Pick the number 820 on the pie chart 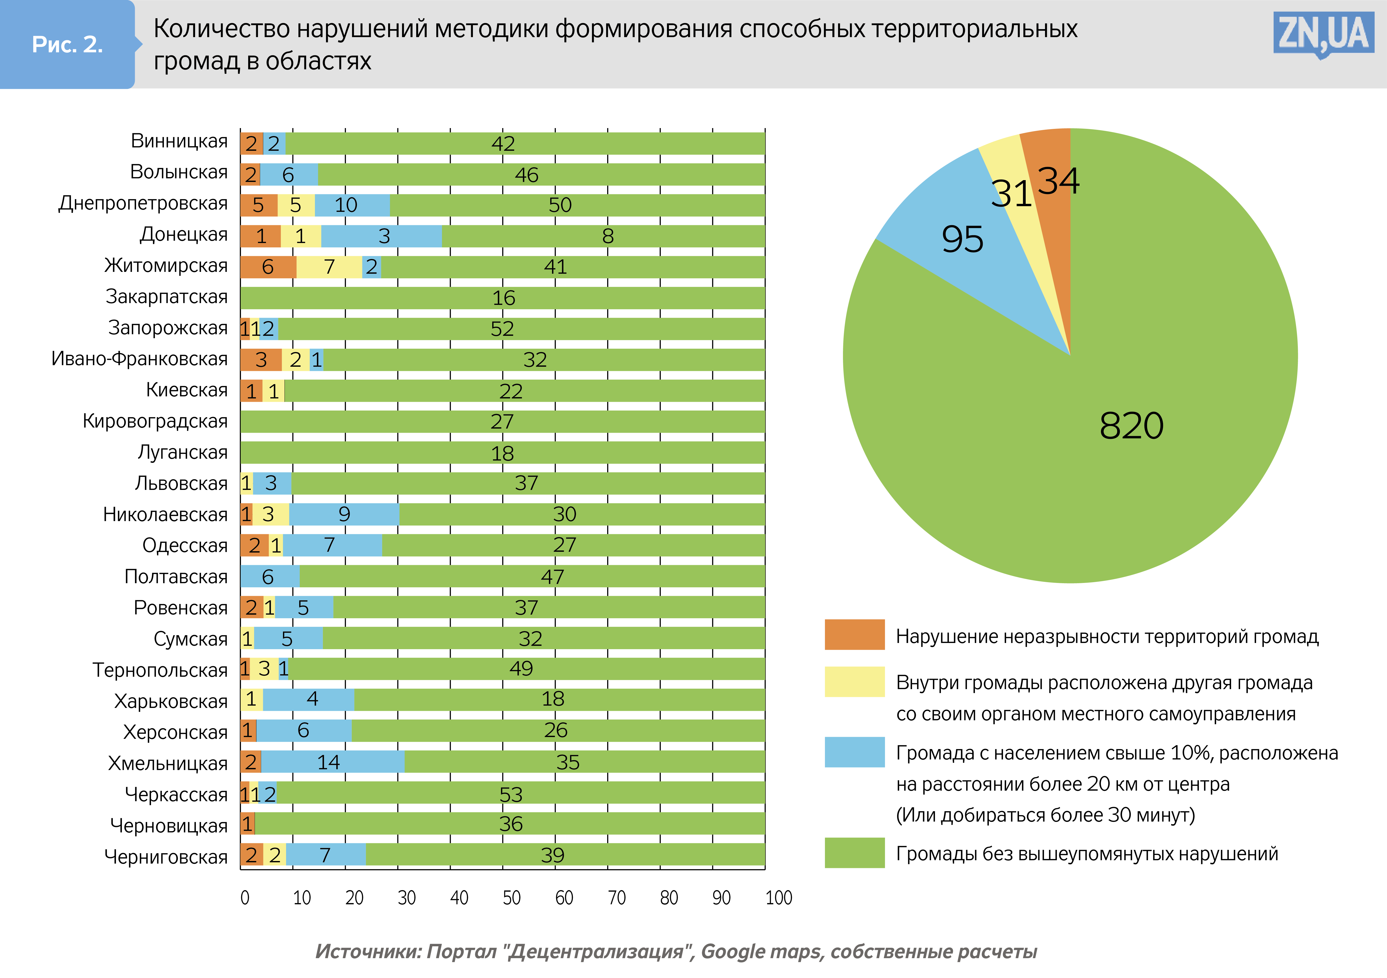pos(1131,426)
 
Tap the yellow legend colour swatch pos(854,681)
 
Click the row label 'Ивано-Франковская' pos(139,359)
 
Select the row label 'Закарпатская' pos(167,297)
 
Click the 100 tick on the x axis pos(778,898)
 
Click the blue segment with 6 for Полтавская pos(269,576)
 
